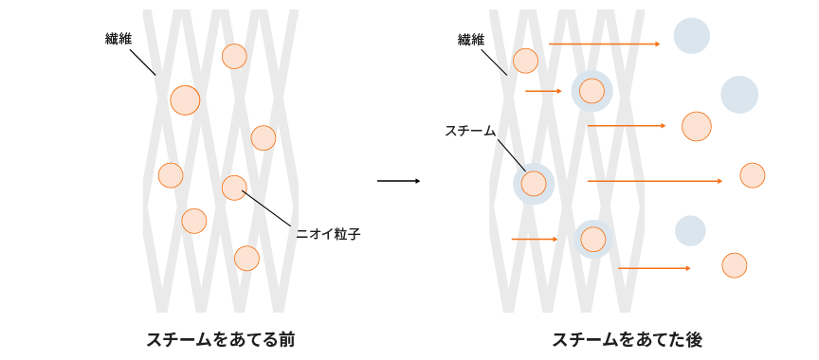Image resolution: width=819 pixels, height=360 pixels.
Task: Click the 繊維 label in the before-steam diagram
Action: click(x=118, y=40)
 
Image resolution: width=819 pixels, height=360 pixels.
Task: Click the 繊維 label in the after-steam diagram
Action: click(x=470, y=40)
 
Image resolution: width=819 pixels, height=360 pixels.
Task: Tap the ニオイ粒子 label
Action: click(x=329, y=233)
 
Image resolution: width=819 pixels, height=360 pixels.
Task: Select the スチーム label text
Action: click(x=470, y=132)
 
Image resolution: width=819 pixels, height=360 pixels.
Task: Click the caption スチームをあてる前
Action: click(x=220, y=339)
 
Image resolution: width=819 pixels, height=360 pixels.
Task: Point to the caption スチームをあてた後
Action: click(x=627, y=339)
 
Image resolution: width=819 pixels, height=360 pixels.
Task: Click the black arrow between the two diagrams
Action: click(x=398, y=181)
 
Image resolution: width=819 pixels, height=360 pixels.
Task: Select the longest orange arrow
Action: click(x=654, y=180)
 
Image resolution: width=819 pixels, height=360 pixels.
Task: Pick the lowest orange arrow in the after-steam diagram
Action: click(x=654, y=268)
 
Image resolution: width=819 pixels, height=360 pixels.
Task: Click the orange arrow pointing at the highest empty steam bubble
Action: click(x=604, y=44)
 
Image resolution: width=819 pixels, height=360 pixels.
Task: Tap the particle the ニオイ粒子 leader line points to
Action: click(x=234, y=188)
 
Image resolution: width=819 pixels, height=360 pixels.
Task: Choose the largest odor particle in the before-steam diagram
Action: click(x=185, y=99)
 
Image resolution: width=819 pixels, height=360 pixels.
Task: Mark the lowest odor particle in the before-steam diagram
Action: click(x=246, y=259)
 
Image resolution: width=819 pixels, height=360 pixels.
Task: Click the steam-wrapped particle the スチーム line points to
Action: click(x=534, y=183)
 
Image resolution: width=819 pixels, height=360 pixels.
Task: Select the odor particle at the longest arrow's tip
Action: click(x=752, y=175)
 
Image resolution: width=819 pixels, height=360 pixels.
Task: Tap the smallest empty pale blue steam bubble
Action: click(x=690, y=230)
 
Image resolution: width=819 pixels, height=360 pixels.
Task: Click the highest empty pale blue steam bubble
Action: click(x=692, y=36)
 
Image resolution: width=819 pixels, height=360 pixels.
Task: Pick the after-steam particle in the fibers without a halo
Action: click(x=525, y=62)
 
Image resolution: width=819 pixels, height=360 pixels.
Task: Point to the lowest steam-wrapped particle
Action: click(x=593, y=240)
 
